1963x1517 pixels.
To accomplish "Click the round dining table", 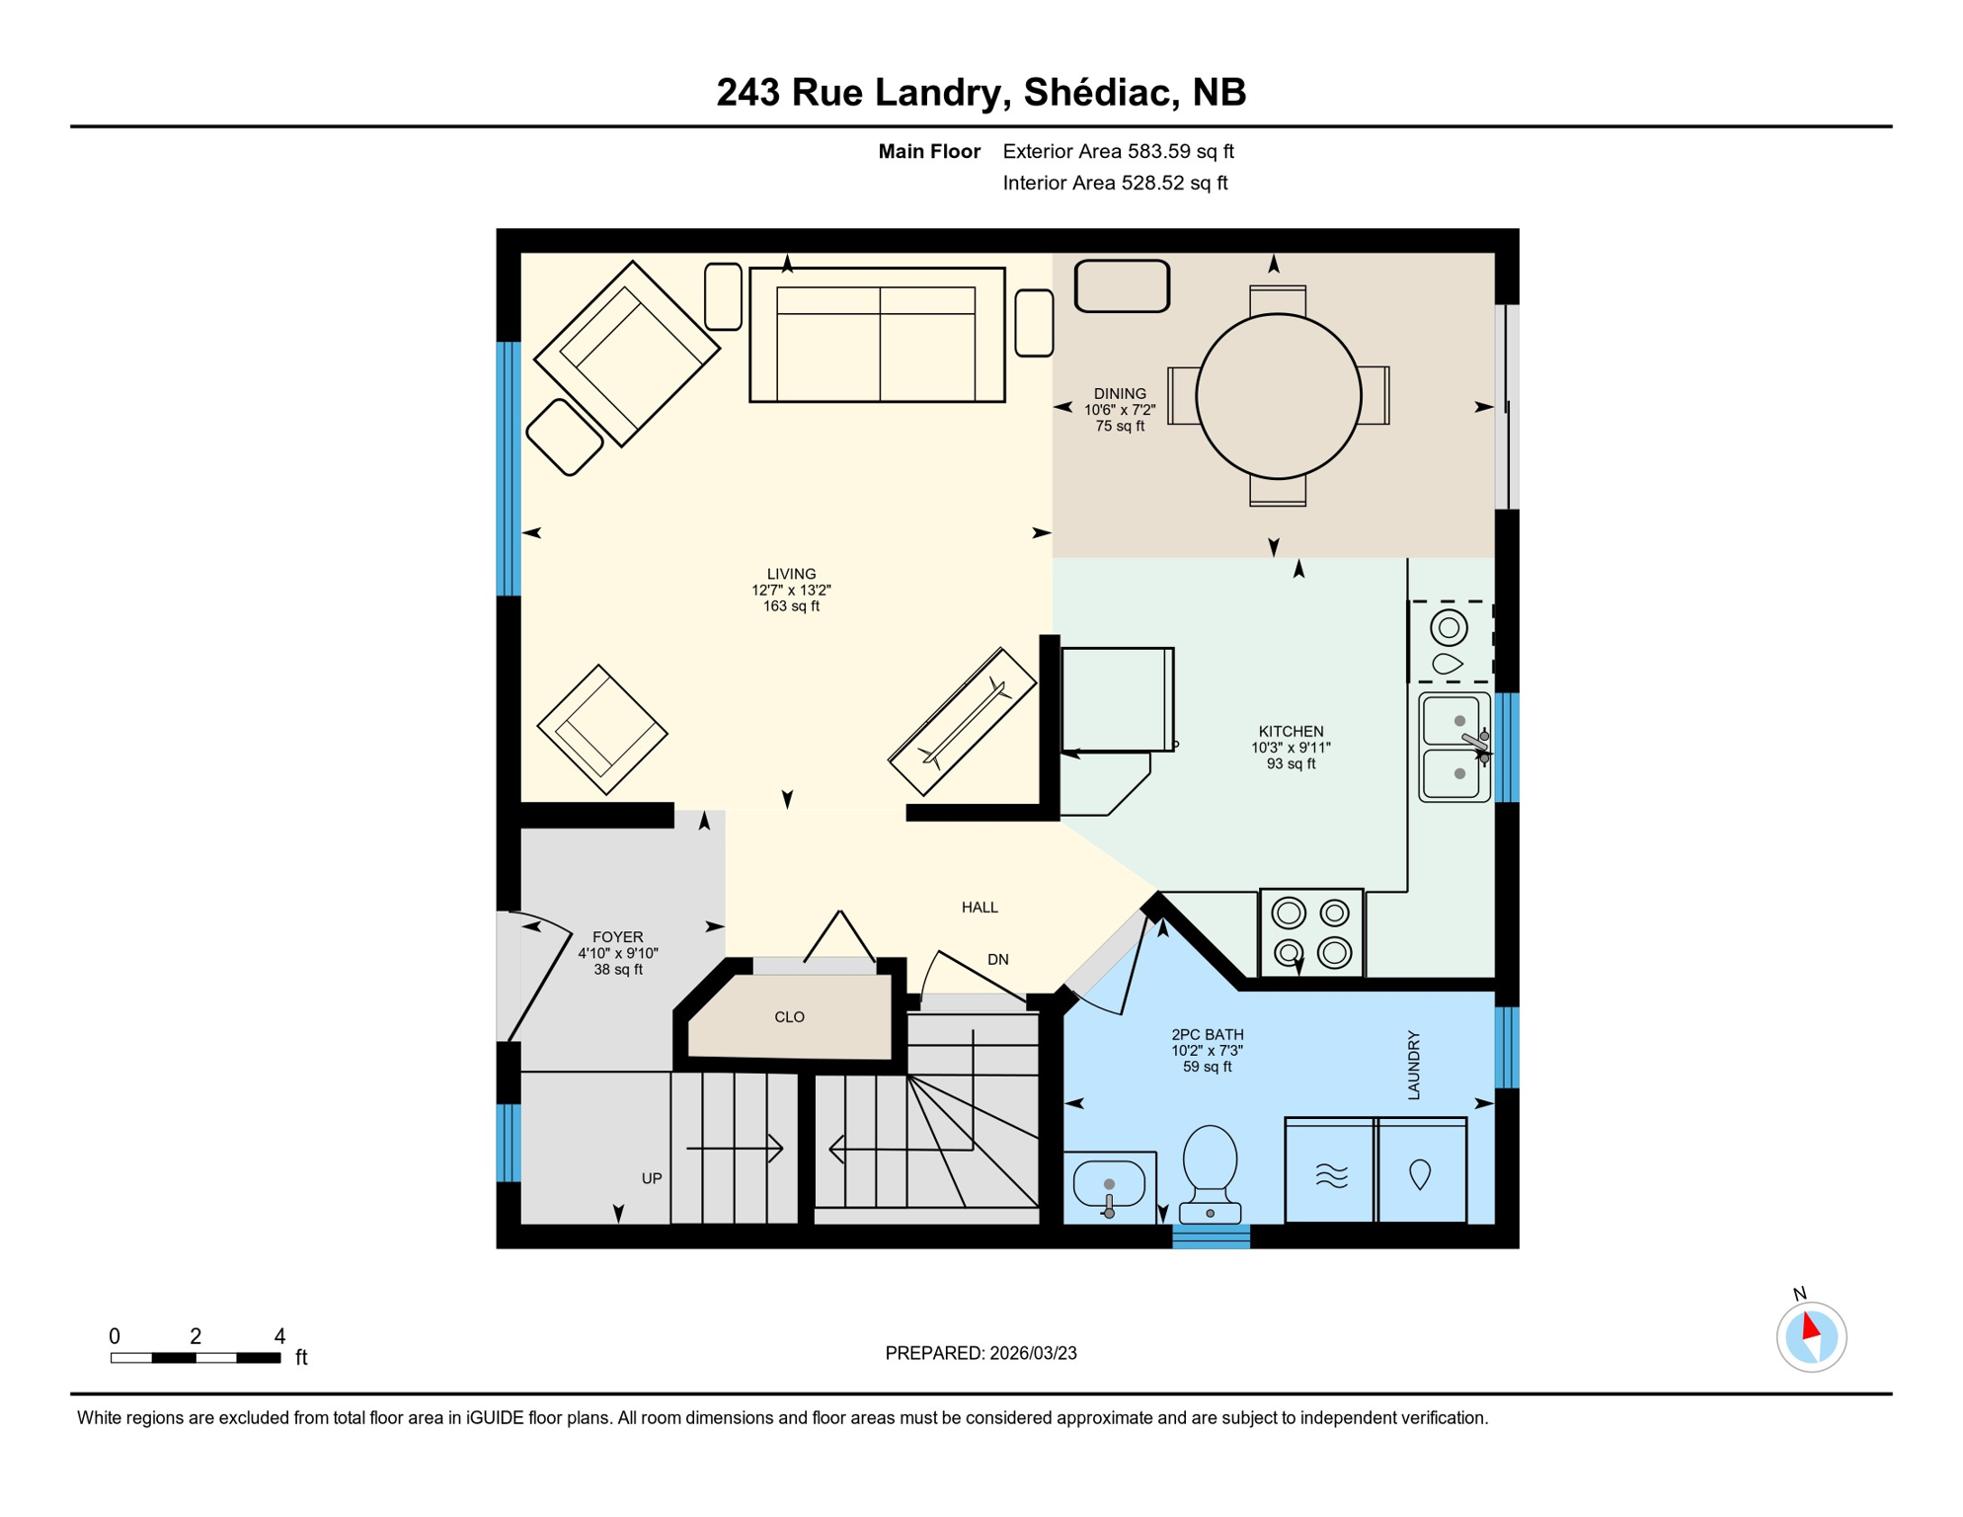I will pyautogui.click(x=1278, y=396).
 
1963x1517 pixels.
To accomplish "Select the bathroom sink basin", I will pyautogui.click(x=1109, y=1183).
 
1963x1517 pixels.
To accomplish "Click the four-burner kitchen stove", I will pyautogui.click(x=1311, y=932).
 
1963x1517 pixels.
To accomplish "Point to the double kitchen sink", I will pyautogui.click(x=1453, y=747).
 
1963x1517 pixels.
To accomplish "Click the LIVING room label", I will pyautogui.click(x=791, y=574).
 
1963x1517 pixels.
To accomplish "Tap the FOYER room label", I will pyautogui.click(x=617, y=936).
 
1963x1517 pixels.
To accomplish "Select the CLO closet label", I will pyautogui.click(x=789, y=1016).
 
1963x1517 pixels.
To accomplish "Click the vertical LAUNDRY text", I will pyautogui.click(x=1413, y=1065).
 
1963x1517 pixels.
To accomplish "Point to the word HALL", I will pyautogui.click(x=980, y=907).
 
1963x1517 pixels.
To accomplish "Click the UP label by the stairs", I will pyautogui.click(x=652, y=1178).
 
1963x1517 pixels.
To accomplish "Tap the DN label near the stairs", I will pyautogui.click(x=997, y=959).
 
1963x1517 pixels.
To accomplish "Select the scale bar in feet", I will pyautogui.click(x=196, y=1358).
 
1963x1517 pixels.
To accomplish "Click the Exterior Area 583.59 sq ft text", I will pyautogui.click(x=1118, y=151).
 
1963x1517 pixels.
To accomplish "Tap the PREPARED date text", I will pyautogui.click(x=981, y=1353).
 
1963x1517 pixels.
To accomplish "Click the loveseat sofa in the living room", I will pyautogui.click(x=877, y=336).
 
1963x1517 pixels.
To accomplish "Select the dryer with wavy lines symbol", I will pyautogui.click(x=1330, y=1171).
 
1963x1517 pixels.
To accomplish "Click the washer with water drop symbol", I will pyautogui.click(x=1421, y=1171).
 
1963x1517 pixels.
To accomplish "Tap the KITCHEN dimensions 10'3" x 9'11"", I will pyautogui.click(x=1291, y=748).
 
